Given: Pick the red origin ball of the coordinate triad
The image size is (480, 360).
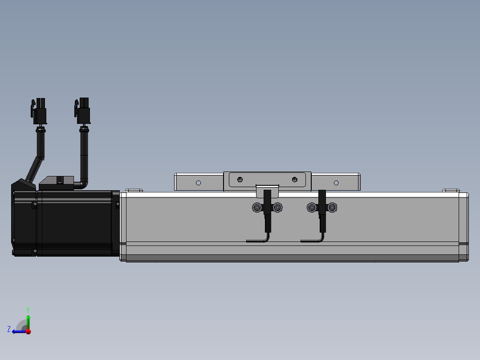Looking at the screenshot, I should pos(28,331).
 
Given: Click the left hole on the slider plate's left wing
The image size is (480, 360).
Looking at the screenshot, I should pos(199,183).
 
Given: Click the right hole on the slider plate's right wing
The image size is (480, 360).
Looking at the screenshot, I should pos(336,183).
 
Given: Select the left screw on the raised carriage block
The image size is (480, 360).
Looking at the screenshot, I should pos(240,180).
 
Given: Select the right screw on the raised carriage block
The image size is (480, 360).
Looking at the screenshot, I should pos(294,180).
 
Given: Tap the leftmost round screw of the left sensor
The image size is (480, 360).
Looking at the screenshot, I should pos(256,208).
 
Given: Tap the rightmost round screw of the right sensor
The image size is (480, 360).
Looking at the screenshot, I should pos(332,208).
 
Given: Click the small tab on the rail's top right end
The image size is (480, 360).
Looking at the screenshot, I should pos(451,191).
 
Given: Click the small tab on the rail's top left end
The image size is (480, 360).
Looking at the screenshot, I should pos(134,191).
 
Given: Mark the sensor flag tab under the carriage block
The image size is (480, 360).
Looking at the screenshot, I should pos(267,191).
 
